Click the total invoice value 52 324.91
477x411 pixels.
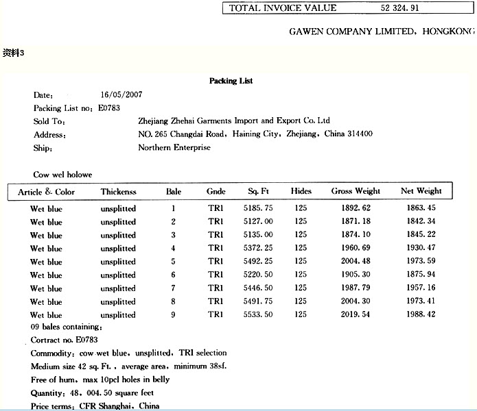tap(399, 8)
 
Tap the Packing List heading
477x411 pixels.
tap(231, 81)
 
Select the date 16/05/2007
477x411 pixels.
tap(121, 95)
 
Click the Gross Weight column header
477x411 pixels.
tap(355, 191)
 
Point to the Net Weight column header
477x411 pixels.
tap(421, 191)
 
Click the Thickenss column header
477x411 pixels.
tap(119, 192)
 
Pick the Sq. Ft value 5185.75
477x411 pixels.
tap(260, 208)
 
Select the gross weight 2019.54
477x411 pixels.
tap(355, 315)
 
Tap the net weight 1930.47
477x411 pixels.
tap(421, 248)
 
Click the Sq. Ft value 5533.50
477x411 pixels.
tap(260, 315)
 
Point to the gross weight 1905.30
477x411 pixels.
tap(355, 275)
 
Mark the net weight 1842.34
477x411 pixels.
tap(421, 221)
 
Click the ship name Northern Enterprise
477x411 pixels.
tap(174, 147)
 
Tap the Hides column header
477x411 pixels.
tap(301, 191)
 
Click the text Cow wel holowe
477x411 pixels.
tap(62, 175)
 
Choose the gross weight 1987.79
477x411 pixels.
tap(355, 288)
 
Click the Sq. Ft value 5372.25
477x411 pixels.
tap(260, 248)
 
